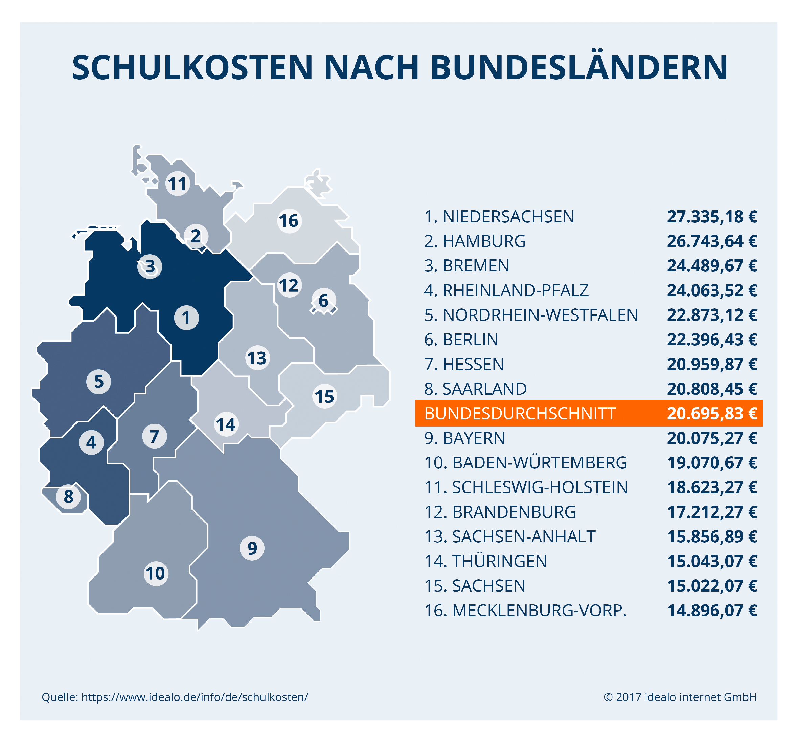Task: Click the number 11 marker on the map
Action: pyautogui.click(x=177, y=184)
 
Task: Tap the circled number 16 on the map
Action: pyautogui.click(x=289, y=220)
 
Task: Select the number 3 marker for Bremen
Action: pyautogui.click(x=150, y=266)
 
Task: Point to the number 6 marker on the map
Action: pyautogui.click(x=323, y=301)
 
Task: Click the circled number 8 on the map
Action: pyautogui.click(x=69, y=497)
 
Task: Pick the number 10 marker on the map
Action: pyautogui.click(x=155, y=573)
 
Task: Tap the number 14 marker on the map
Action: pyautogui.click(x=226, y=424)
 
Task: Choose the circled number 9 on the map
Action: pyautogui.click(x=252, y=548)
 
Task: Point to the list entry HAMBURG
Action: pyautogui.click(x=484, y=241)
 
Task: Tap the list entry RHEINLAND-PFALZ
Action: pyautogui.click(x=515, y=290)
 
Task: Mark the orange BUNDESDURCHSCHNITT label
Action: pyautogui.click(x=520, y=414)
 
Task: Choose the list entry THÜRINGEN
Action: pyautogui.click(x=499, y=561)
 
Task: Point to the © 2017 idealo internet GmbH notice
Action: pyautogui.click(x=680, y=697)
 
